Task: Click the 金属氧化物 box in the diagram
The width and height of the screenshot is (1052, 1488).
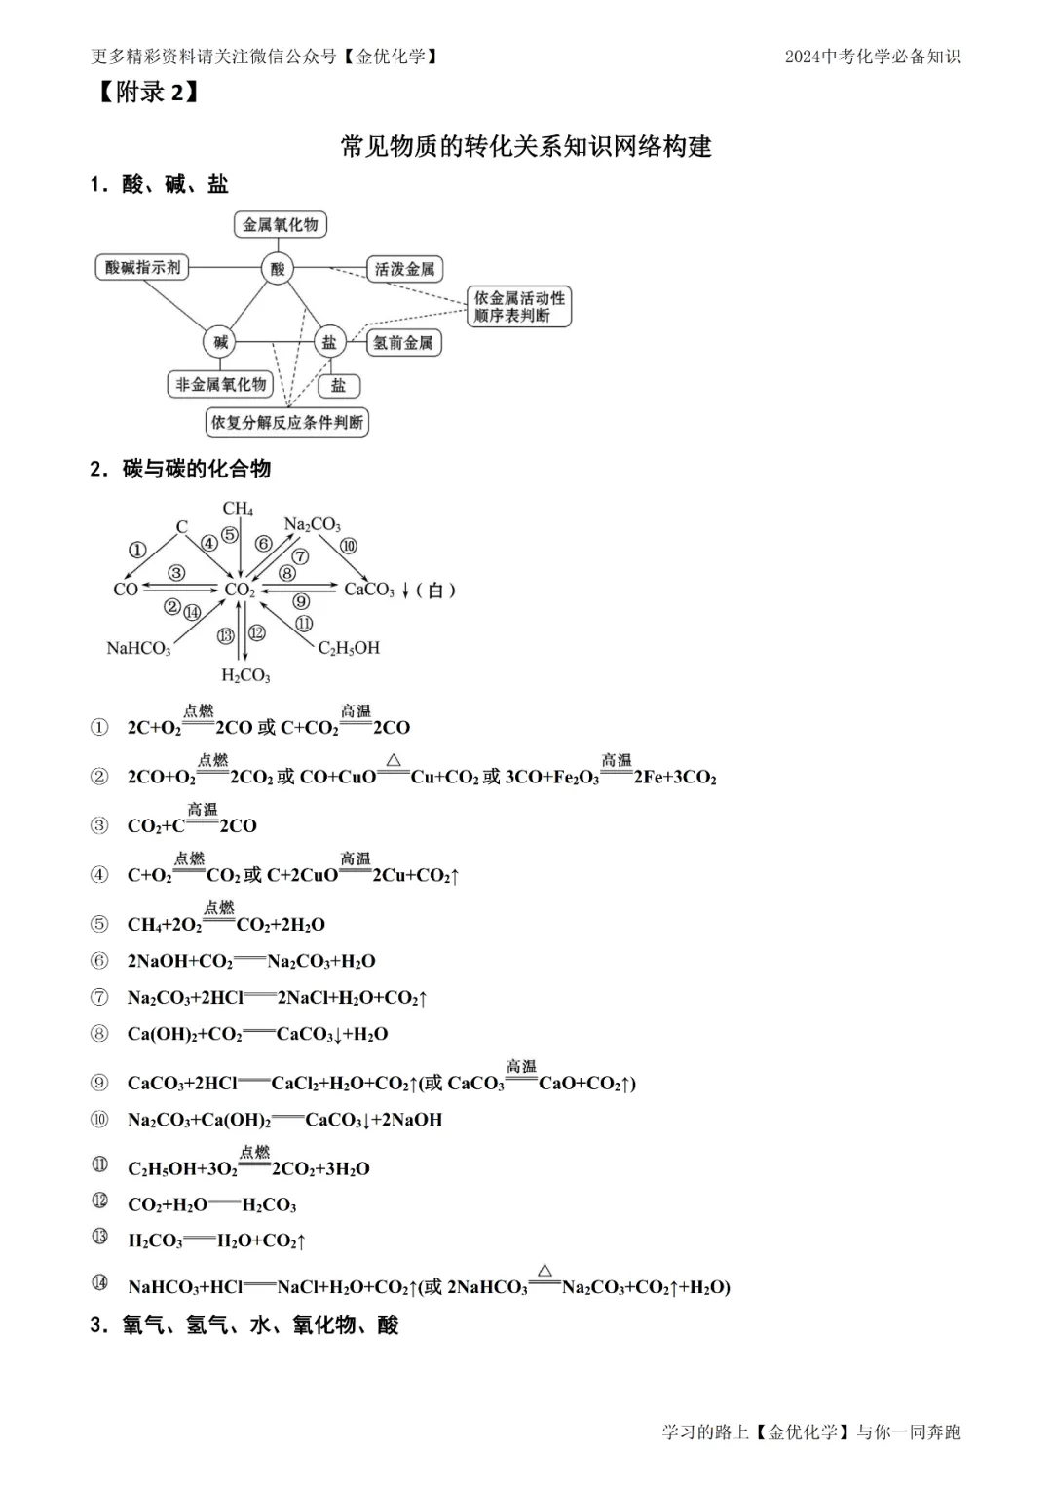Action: [x=281, y=225]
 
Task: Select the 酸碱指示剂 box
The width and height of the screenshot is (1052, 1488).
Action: [x=142, y=267]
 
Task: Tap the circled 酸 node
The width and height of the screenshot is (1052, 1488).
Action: [x=278, y=268]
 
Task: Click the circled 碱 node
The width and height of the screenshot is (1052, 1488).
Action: [x=221, y=342]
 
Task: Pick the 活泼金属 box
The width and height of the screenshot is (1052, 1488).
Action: [x=404, y=269]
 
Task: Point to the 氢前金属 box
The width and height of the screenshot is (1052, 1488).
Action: [x=402, y=342]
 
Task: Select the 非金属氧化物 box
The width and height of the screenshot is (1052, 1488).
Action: [x=220, y=385]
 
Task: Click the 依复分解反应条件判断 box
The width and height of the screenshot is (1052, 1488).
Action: [x=287, y=423]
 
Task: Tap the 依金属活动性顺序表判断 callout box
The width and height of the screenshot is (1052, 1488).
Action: [x=519, y=307]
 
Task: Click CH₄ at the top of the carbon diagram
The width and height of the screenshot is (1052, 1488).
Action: [x=238, y=509]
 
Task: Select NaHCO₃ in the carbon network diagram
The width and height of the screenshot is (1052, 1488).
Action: [x=138, y=648]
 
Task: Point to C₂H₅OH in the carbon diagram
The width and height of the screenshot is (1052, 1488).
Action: [x=349, y=648]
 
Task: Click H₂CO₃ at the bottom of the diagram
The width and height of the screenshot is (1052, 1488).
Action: [x=245, y=675]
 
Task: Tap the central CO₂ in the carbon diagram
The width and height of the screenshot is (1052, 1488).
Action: [x=240, y=590]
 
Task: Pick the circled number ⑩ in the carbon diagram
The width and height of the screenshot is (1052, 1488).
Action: [x=348, y=547]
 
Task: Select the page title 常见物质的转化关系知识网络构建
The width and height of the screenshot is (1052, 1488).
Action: [x=526, y=147]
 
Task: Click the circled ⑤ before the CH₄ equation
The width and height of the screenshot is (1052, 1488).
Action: [x=99, y=924]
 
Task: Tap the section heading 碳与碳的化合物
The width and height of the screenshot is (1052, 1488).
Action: [x=196, y=469]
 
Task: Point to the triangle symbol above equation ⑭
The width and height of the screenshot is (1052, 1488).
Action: [x=545, y=1270]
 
